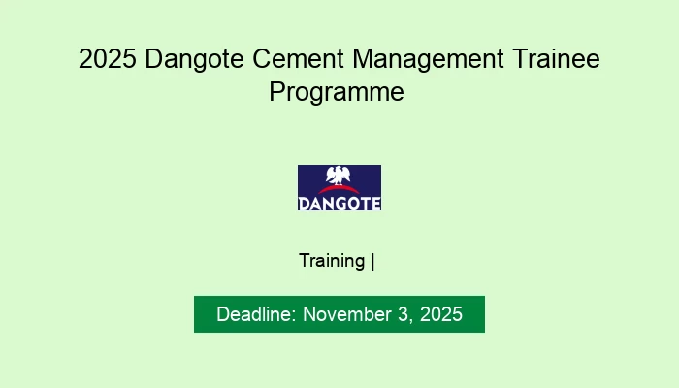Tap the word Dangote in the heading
[x=190, y=60]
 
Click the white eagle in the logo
[x=339, y=176]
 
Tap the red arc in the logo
[x=339, y=188]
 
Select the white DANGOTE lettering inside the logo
[x=339, y=203]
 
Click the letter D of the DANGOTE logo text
[x=304, y=203]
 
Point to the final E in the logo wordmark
[x=375, y=203]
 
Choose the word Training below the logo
[x=332, y=261]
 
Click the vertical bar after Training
[x=373, y=261]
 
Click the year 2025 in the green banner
[x=439, y=315]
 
